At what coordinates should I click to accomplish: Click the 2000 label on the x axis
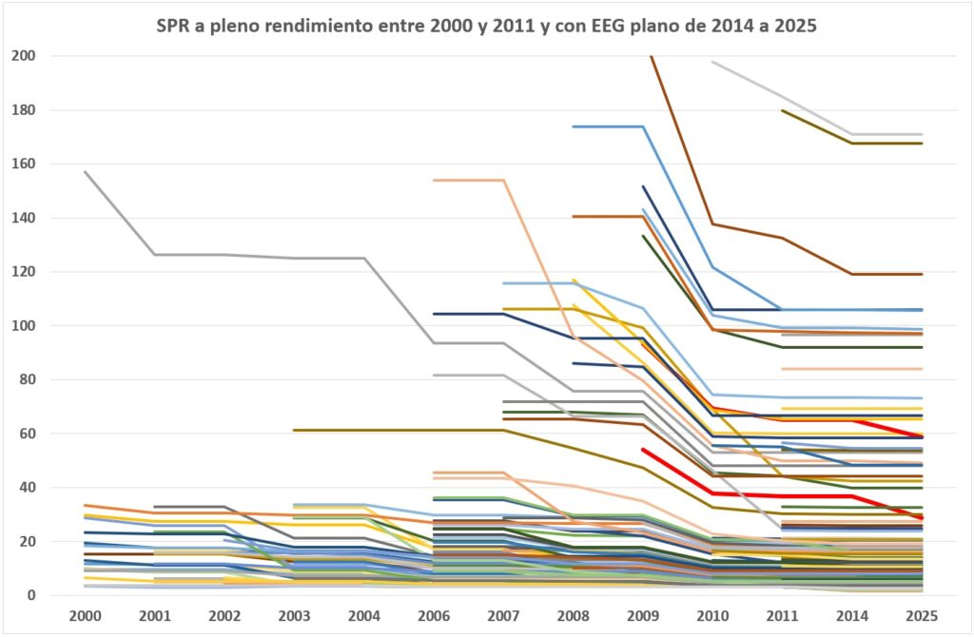pyautogui.click(x=85, y=615)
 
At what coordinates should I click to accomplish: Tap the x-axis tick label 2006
pyautogui.click(x=433, y=615)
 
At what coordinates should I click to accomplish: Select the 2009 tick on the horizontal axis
pyautogui.click(x=642, y=615)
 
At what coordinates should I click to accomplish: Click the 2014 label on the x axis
pyautogui.click(x=852, y=615)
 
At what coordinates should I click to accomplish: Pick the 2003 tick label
pyautogui.click(x=294, y=615)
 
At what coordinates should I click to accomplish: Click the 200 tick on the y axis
pyautogui.click(x=23, y=56)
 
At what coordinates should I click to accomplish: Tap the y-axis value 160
pyautogui.click(x=23, y=164)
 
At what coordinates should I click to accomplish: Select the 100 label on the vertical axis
pyautogui.click(x=23, y=326)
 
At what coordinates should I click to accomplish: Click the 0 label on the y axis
pyautogui.click(x=31, y=596)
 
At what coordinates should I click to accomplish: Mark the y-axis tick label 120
pyautogui.click(x=23, y=272)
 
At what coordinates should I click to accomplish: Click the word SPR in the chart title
pyautogui.click(x=174, y=27)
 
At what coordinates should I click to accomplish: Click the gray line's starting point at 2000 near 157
pyautogui.click(x=85, y=172)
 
